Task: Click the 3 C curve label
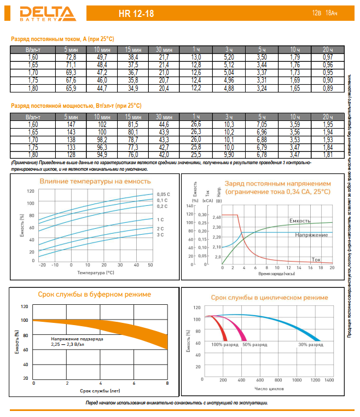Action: point(160,235)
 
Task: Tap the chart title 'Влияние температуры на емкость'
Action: point(95,181)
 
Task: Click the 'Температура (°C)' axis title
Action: point(96,272)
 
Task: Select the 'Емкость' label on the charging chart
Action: point(300,221)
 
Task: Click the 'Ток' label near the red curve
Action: point(316,259)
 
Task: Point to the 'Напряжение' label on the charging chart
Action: point(311,235)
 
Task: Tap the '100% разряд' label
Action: point(225,345)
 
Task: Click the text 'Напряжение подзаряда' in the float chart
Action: point(77,339)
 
